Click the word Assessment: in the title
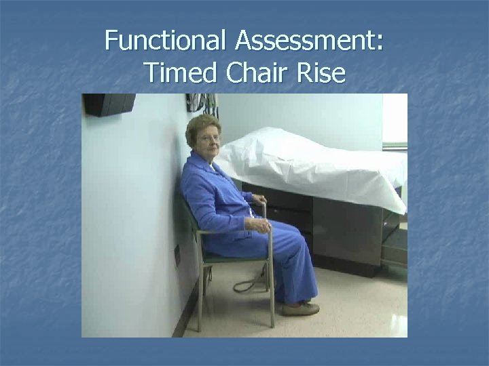click(x=310, y=41)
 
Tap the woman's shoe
click(x=300, y=308)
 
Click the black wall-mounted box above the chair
click(x=109, y=104)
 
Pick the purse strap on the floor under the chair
click(x=248, y=285)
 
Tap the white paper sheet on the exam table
click(x=306, y=163)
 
